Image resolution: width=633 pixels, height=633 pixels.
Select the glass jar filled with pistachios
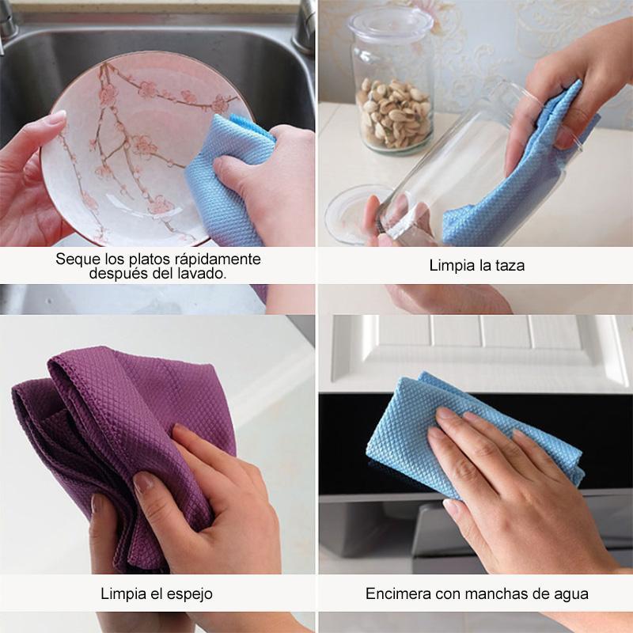391,81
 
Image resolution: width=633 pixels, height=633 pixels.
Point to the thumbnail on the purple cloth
144,483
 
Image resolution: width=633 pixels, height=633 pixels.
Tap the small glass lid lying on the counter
355,214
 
